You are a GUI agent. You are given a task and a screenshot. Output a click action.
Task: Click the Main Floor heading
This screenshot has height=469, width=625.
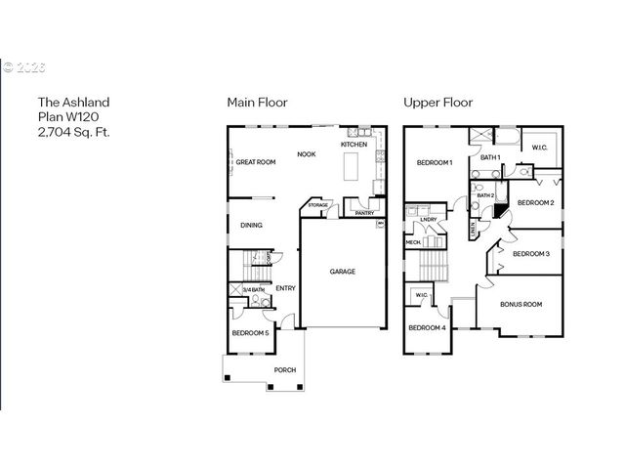[x=257, y=102]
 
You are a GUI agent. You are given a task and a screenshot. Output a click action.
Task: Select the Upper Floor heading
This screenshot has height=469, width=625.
[x=437, y=102]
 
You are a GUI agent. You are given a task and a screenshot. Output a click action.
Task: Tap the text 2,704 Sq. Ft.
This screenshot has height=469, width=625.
[x=73, y=130]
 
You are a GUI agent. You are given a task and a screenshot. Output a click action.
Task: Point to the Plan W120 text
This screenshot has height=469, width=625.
[x=67, y=115]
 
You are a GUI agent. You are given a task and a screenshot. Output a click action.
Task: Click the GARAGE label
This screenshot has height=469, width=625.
[x=342, y=272]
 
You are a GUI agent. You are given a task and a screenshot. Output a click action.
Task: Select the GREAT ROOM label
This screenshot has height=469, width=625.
[x=256, y=162]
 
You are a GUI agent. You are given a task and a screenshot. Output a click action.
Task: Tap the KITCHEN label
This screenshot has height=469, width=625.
[x=354, y=145]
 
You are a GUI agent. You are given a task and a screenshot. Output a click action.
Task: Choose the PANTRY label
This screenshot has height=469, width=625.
[x=364, y=213]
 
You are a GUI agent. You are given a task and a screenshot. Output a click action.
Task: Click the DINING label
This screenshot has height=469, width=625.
[x=251, y=226]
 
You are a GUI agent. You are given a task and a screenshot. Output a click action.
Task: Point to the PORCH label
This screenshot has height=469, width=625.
[x=284, y=369]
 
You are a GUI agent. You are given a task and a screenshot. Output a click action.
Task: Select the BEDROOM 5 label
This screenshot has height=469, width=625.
[x=250, y=334]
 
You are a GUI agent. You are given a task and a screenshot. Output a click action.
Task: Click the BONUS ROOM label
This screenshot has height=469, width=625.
[x=521, y=305]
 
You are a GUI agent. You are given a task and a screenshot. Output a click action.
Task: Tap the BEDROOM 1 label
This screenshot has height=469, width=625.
[x=435, y=162]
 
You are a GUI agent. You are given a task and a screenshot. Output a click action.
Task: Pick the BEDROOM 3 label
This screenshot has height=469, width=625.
[x=531, y=254]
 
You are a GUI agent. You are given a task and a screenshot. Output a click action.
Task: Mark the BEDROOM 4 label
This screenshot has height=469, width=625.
[x=427, y=328]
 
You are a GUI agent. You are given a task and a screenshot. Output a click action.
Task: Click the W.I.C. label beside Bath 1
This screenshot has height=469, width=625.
[x=539, y=148]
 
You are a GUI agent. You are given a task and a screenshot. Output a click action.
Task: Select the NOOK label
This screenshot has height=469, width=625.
[x=307, y=153]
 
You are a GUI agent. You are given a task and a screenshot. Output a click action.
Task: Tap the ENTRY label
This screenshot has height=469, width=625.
[x=285, y=288]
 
